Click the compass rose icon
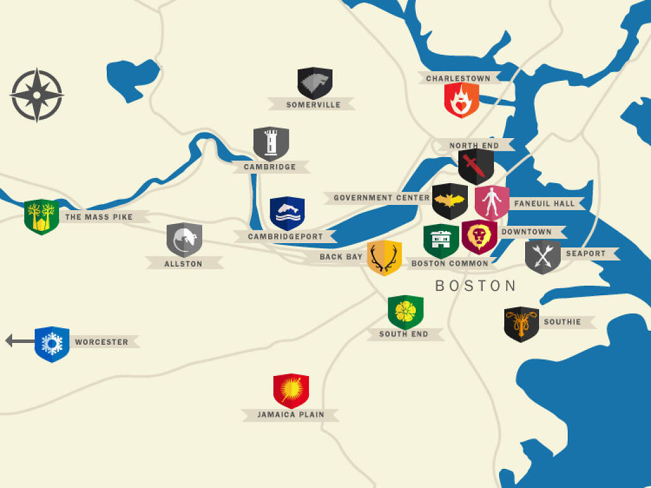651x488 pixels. coord(36,95)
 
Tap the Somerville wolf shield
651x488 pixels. coord(315,83)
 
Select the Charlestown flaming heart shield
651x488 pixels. coord(462,100)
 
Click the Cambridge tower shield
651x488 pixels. coord(271,143)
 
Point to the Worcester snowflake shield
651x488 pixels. coord(51,344)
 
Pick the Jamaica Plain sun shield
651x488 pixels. coord(291,390)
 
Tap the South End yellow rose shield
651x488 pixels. coord(406,311)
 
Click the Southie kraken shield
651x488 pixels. coord(521,324)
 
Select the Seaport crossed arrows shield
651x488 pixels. coord(542,256)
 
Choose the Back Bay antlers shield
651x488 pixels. coord(384,257)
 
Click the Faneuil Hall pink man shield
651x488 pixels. coord(491,203)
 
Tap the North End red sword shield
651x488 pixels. coord(476,166)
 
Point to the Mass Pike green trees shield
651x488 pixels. coord(41,216)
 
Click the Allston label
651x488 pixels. coord(183,263)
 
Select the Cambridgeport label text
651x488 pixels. coord(285,237)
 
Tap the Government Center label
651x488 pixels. coord(381,198)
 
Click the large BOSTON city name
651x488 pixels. coord(476,286)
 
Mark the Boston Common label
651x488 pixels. coord(449,263)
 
